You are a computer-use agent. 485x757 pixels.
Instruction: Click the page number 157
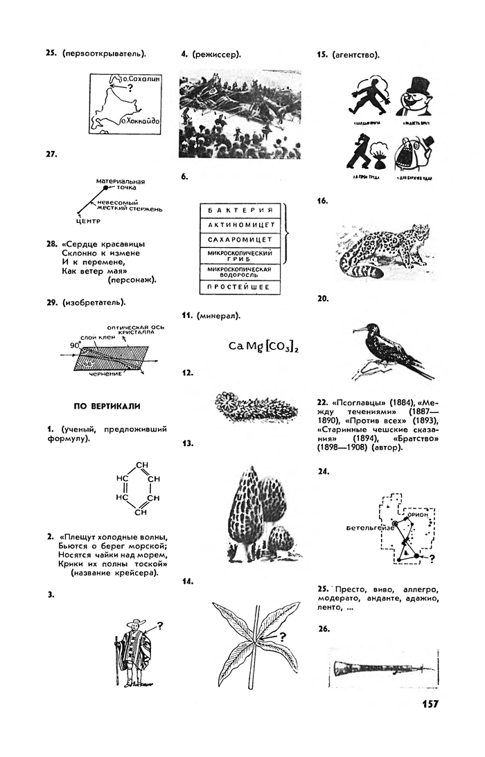tap(430, 704)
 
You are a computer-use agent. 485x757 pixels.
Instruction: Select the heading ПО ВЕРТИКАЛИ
tap(109, 405)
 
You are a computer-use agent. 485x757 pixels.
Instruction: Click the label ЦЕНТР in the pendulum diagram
tap(88, 222)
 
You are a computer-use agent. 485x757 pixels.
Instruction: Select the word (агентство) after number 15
tap(356, 54)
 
